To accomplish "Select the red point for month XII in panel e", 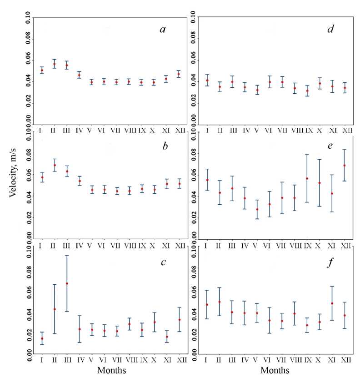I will coord(344,166).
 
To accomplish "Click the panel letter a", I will coord(162,30).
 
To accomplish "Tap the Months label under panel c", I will coord(112,371).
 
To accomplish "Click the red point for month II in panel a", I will coord(54,64).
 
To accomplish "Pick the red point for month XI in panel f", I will coord(332,303).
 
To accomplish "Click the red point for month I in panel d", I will coord(207,81).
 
